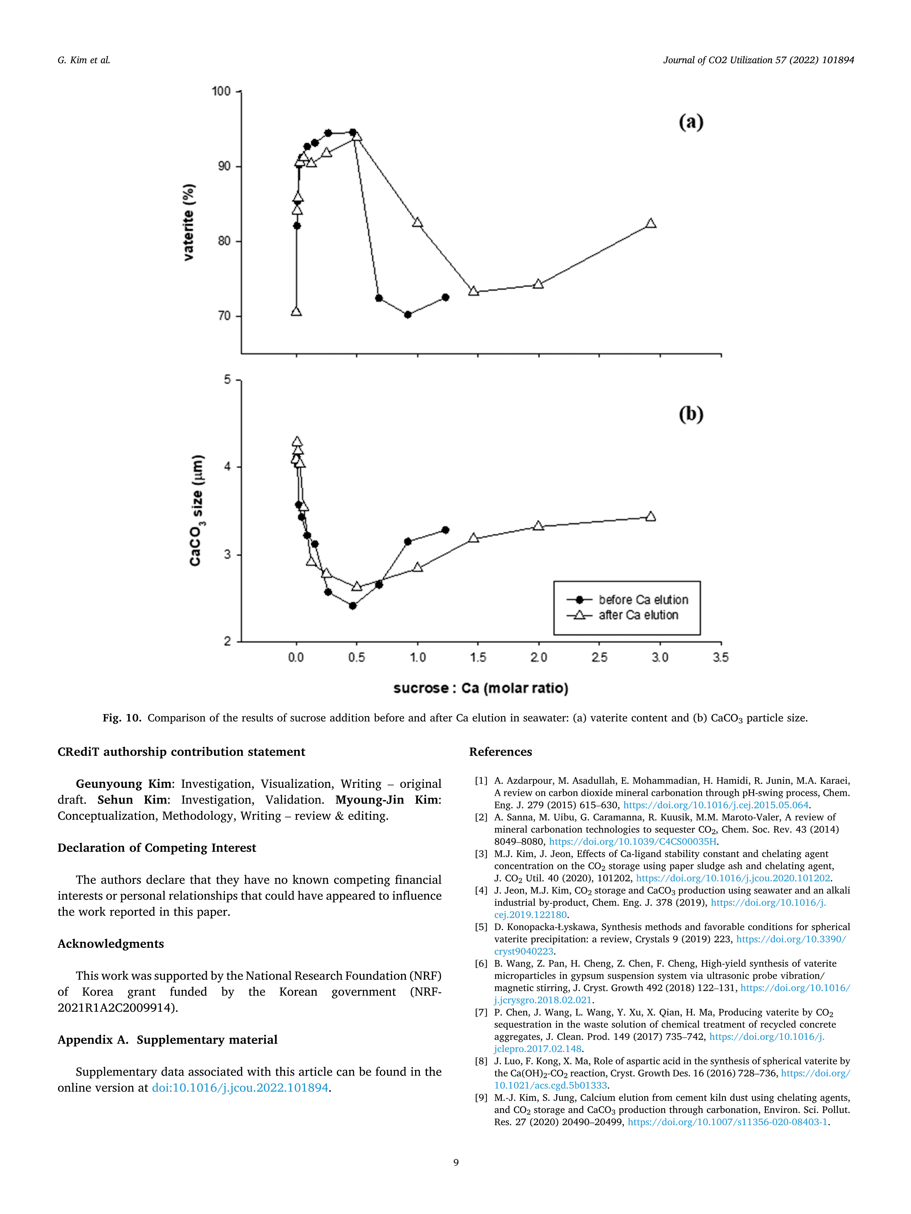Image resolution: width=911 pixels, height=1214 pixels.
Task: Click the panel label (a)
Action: (x=691, y=122)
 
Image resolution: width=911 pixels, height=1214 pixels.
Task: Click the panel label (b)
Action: (x=691, y=414)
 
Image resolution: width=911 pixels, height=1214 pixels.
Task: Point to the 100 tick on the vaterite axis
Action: (x=221, y=91)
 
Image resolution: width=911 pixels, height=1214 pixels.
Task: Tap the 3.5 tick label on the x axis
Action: (x=720, y=657)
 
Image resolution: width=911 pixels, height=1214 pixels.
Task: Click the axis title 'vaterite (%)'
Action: (x=188, y=222)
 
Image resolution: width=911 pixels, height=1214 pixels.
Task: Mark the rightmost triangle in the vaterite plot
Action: (x=651, y=223)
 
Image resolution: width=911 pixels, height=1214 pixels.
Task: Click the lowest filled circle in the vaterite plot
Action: (x=407, y=315)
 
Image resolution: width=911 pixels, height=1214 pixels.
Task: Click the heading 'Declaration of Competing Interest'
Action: (x=156, y=848)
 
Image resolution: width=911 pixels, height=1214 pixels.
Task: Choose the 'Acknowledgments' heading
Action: (x=110, y=944)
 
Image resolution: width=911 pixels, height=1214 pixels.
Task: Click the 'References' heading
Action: (x=500, y=752)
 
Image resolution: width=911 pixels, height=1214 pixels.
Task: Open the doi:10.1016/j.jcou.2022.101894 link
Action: (x=240, y=1088)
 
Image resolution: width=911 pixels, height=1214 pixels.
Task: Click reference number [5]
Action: (x=481, y=927)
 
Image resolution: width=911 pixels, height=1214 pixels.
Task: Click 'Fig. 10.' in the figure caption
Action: (x=122, y=718)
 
